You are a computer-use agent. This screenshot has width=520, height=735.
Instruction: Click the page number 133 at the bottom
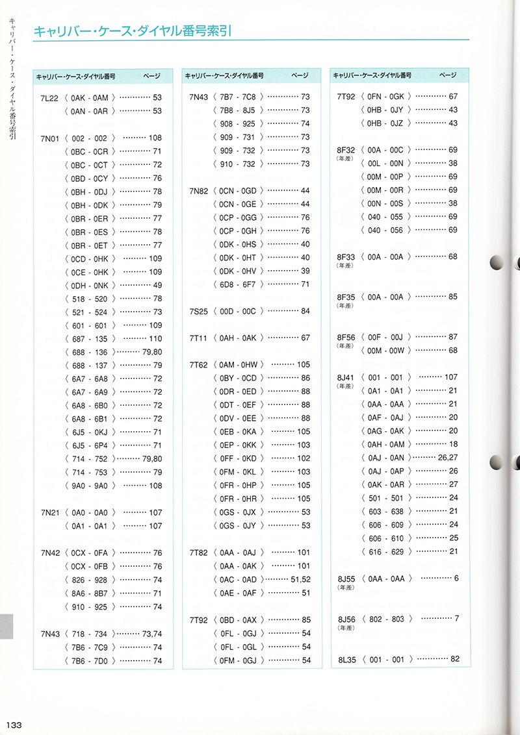(14, 725)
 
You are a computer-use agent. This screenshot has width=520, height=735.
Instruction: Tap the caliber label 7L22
(50, 97)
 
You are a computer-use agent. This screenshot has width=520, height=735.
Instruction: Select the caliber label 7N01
(50, 138)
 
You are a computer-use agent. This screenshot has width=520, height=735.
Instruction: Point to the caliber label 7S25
(198, 311)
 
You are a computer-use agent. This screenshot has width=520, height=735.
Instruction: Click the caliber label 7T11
(198, 338)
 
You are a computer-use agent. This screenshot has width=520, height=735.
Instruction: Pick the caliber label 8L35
(347, 660)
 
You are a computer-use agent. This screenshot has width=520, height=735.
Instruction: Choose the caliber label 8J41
(347, 377)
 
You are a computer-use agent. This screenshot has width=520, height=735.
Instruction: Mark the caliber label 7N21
(50, 512)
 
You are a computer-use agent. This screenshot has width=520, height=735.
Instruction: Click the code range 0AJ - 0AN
(386, 458)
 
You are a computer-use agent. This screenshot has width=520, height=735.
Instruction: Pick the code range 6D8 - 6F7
(238, 284)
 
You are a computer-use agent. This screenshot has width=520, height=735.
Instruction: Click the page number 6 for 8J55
(456, 579)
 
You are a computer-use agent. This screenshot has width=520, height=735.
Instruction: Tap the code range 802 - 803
(386, 619)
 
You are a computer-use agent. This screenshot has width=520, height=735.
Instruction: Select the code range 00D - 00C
(238, 311)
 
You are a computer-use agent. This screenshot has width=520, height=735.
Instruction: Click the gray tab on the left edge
(6, 626)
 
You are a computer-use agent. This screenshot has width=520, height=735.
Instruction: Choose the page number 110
(155, 338)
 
